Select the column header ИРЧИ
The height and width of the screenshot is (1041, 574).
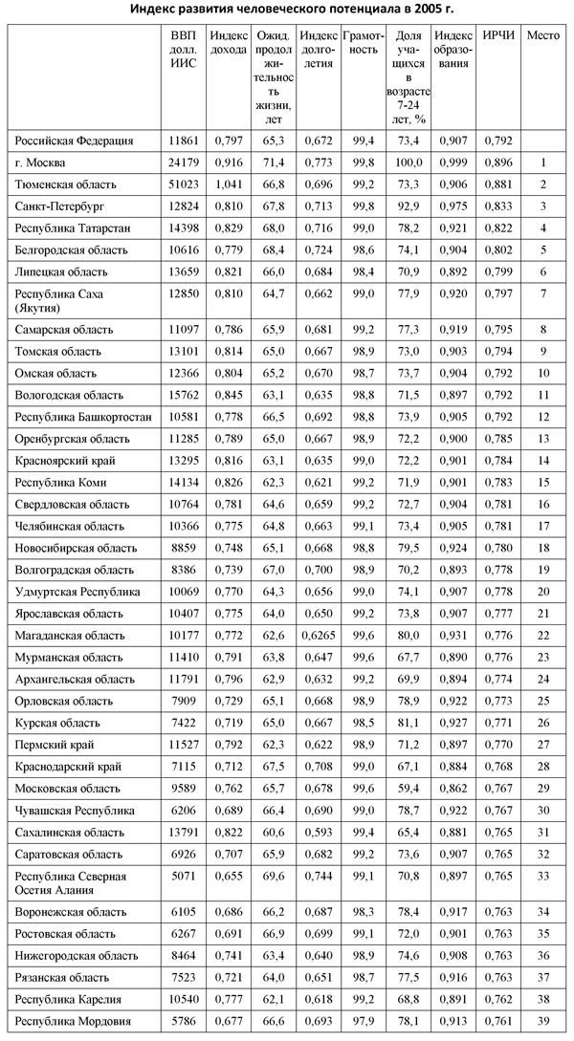pos(498,35)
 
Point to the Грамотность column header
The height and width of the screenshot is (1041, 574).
pos(362,43)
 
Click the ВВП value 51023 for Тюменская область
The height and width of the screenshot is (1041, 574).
pos(182,184)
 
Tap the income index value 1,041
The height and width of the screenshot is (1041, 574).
pos(229,184)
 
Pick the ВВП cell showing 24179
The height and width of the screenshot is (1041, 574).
pos(182,163)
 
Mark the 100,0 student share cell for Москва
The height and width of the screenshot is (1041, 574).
pos(408,163)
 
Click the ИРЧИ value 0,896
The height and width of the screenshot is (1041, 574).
pos(498,163)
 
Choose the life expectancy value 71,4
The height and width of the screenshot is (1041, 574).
pos(274,163)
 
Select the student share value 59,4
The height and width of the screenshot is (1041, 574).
pos(408,788)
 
